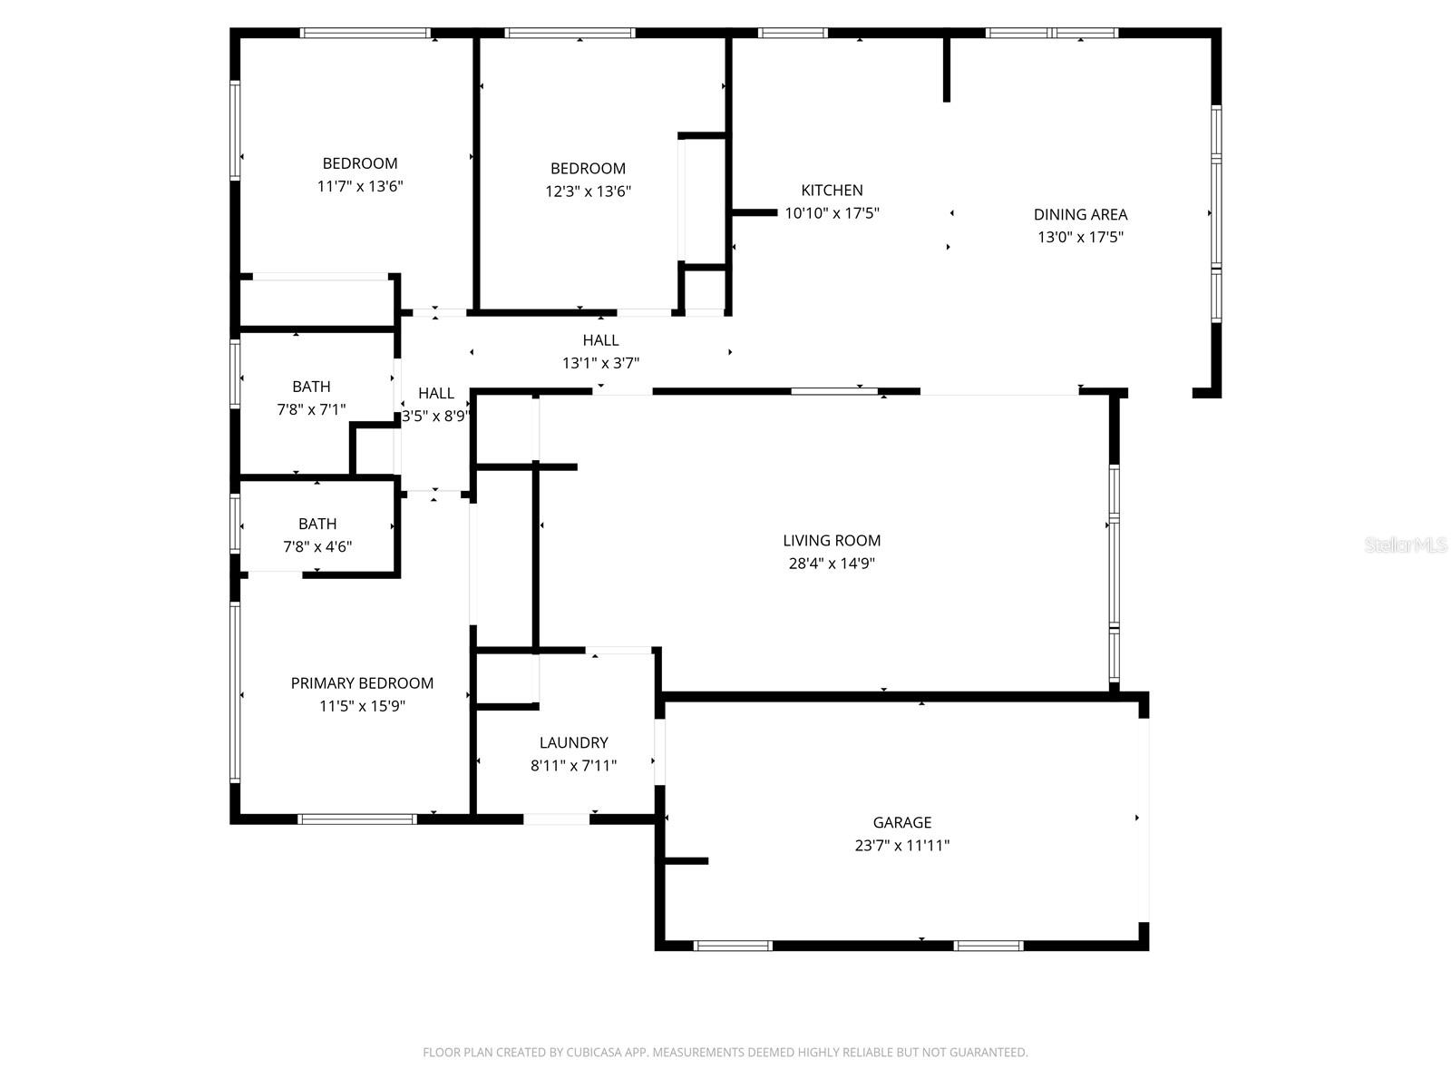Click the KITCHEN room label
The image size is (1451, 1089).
coord(832,191)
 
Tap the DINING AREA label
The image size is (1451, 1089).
coord(1080,214)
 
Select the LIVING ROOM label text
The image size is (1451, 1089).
coord(832,540)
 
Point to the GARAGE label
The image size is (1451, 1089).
coord(901,822)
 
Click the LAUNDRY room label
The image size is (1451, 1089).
coord(573,742)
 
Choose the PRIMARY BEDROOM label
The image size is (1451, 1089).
coord(362,683)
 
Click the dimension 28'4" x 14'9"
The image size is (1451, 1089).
coord(832,564)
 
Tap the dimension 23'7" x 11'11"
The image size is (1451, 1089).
coord(901,846)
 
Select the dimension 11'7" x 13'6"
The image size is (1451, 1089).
coord(360,187)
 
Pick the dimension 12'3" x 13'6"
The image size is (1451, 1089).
coord(588,191)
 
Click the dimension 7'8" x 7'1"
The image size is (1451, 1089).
coord(311,410)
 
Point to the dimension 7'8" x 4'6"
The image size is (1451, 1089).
coord(317,547)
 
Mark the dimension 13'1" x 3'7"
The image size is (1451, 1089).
coord(600,363)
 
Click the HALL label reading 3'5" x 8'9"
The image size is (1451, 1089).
coord(436,394)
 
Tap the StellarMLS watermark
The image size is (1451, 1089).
coord(1407,544)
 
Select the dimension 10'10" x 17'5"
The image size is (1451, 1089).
coord(832,214)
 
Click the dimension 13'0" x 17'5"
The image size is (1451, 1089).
coord(1080,238)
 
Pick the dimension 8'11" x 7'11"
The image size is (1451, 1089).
coord(573,766)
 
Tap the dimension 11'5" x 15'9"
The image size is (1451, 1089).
coord(362,707)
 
